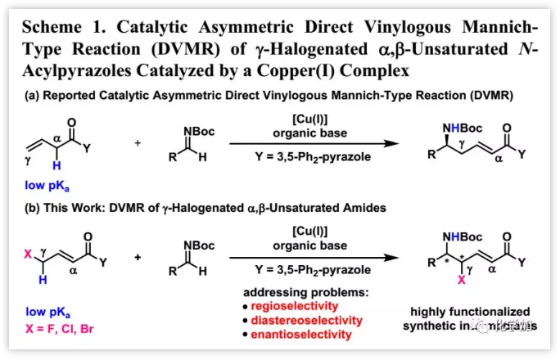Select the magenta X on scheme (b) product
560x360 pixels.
463,302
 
